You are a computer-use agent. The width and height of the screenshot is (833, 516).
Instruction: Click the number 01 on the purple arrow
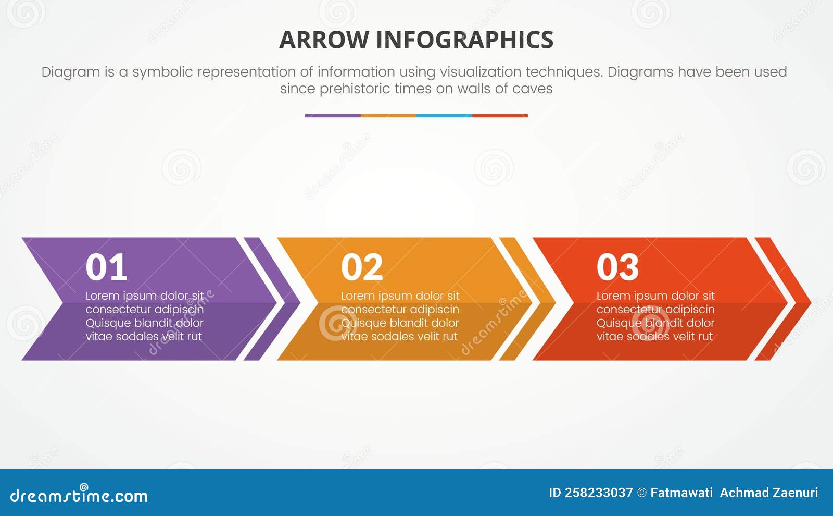[106, 267]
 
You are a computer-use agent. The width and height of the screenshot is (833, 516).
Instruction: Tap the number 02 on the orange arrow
[362, 267]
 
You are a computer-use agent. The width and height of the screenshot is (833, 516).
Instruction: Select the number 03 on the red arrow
[617, 267]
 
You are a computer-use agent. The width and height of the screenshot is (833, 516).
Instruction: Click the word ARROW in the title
[324, 40]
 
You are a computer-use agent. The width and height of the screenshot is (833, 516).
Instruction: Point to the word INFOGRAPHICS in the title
[464, 40]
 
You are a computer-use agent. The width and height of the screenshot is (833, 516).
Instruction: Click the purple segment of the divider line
[333, 116]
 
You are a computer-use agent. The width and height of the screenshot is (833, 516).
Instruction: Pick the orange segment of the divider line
[388, 116]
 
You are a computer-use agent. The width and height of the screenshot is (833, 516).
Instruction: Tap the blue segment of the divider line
[444, 116]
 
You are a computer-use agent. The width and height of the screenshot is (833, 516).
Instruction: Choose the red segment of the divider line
[500, 116]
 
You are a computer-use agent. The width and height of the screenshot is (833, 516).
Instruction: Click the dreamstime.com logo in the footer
[79, 495]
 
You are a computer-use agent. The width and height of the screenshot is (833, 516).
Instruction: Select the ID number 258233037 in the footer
[599, 493]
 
